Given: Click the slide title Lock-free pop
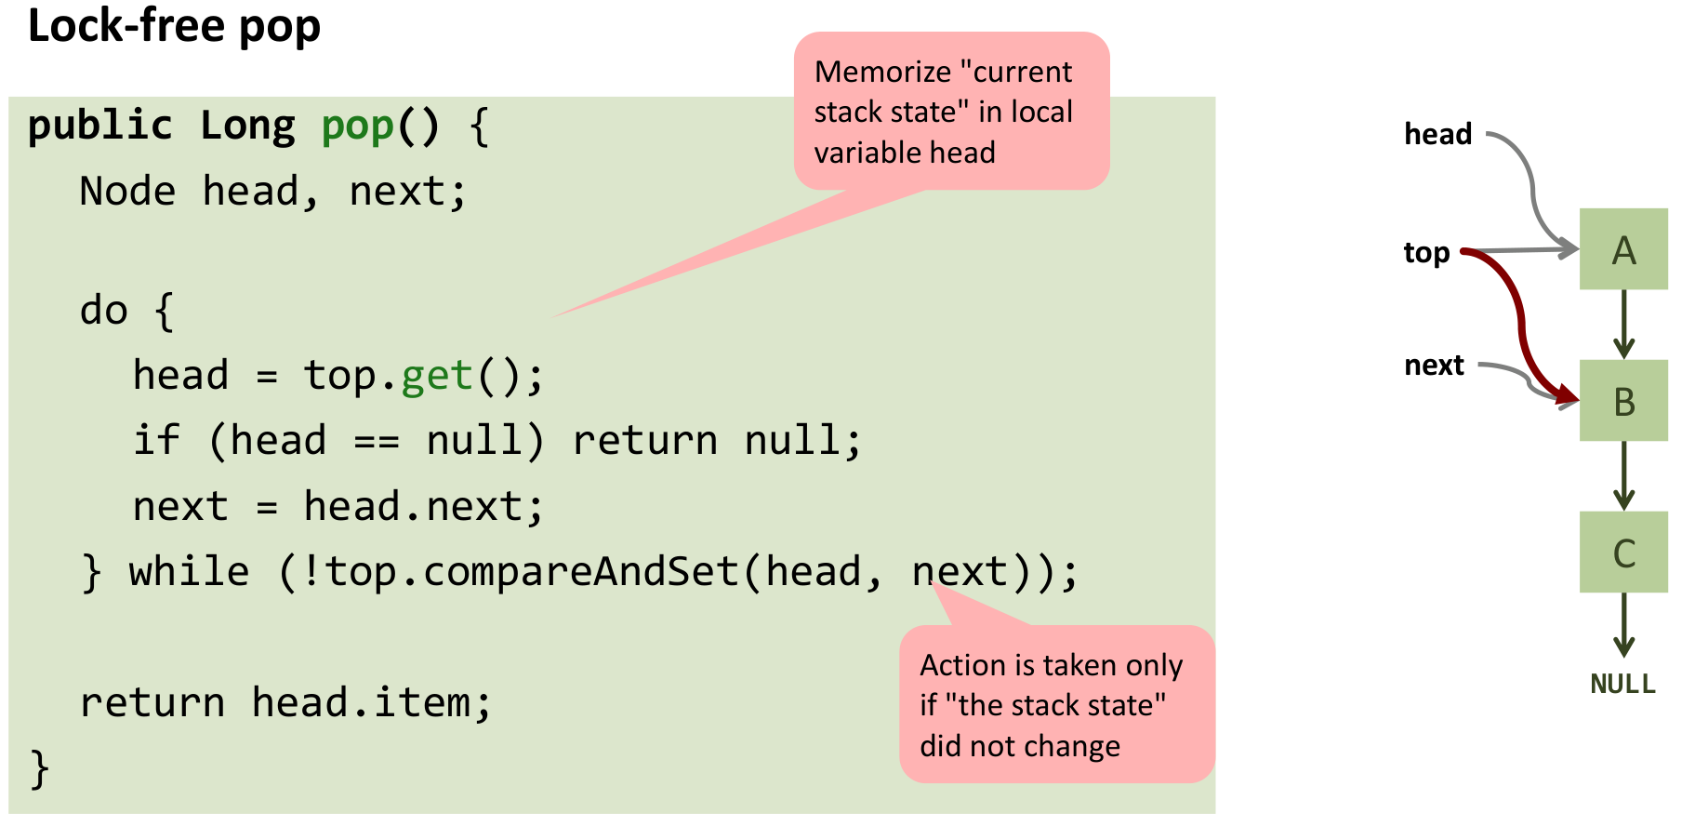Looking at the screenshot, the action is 174,26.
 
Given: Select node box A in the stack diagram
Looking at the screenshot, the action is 1623,249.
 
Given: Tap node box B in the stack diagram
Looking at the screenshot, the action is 1623,401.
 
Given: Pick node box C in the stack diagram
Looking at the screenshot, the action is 1623,553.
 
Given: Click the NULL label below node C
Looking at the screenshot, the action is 1623,685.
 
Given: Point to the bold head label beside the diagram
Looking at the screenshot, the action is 1437,134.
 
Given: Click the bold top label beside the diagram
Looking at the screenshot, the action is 1426,253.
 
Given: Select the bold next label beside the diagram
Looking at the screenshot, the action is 1434,366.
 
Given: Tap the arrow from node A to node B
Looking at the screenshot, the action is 1624,325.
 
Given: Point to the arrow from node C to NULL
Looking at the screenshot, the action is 1624,625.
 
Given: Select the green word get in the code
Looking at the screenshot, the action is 437,376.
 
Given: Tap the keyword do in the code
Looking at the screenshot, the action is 103,310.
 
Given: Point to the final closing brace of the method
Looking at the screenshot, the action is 39,769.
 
